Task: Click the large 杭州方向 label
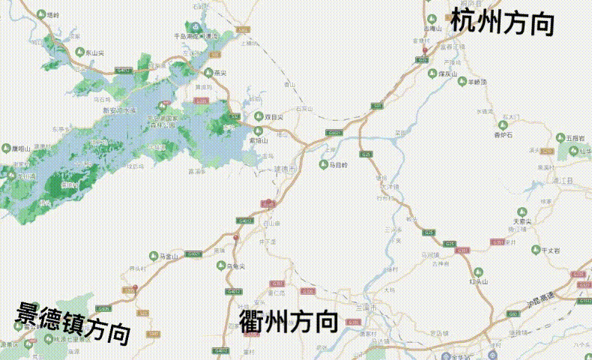tap(503, 22)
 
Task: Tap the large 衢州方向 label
tap(288, 321)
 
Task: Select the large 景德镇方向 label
tap(73, 321)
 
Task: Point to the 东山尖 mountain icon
tap(80, 52)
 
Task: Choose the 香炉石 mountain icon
tap(502, 124)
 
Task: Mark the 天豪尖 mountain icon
tap(522, 211)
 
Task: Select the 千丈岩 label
tap(551, 250)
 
